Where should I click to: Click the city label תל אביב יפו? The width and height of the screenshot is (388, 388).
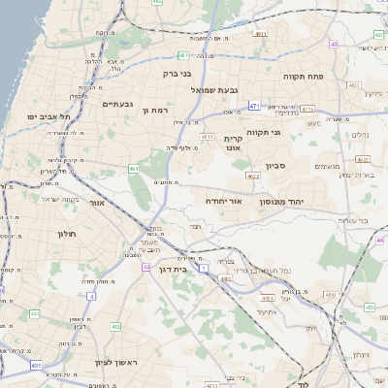coord(45,116)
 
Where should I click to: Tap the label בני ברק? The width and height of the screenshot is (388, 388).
coord(176,72)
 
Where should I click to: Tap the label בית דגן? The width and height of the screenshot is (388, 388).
coord(171,270)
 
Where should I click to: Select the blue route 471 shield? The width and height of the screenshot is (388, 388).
coord(254,105)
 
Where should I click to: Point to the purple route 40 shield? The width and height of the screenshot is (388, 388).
coord(335,44)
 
